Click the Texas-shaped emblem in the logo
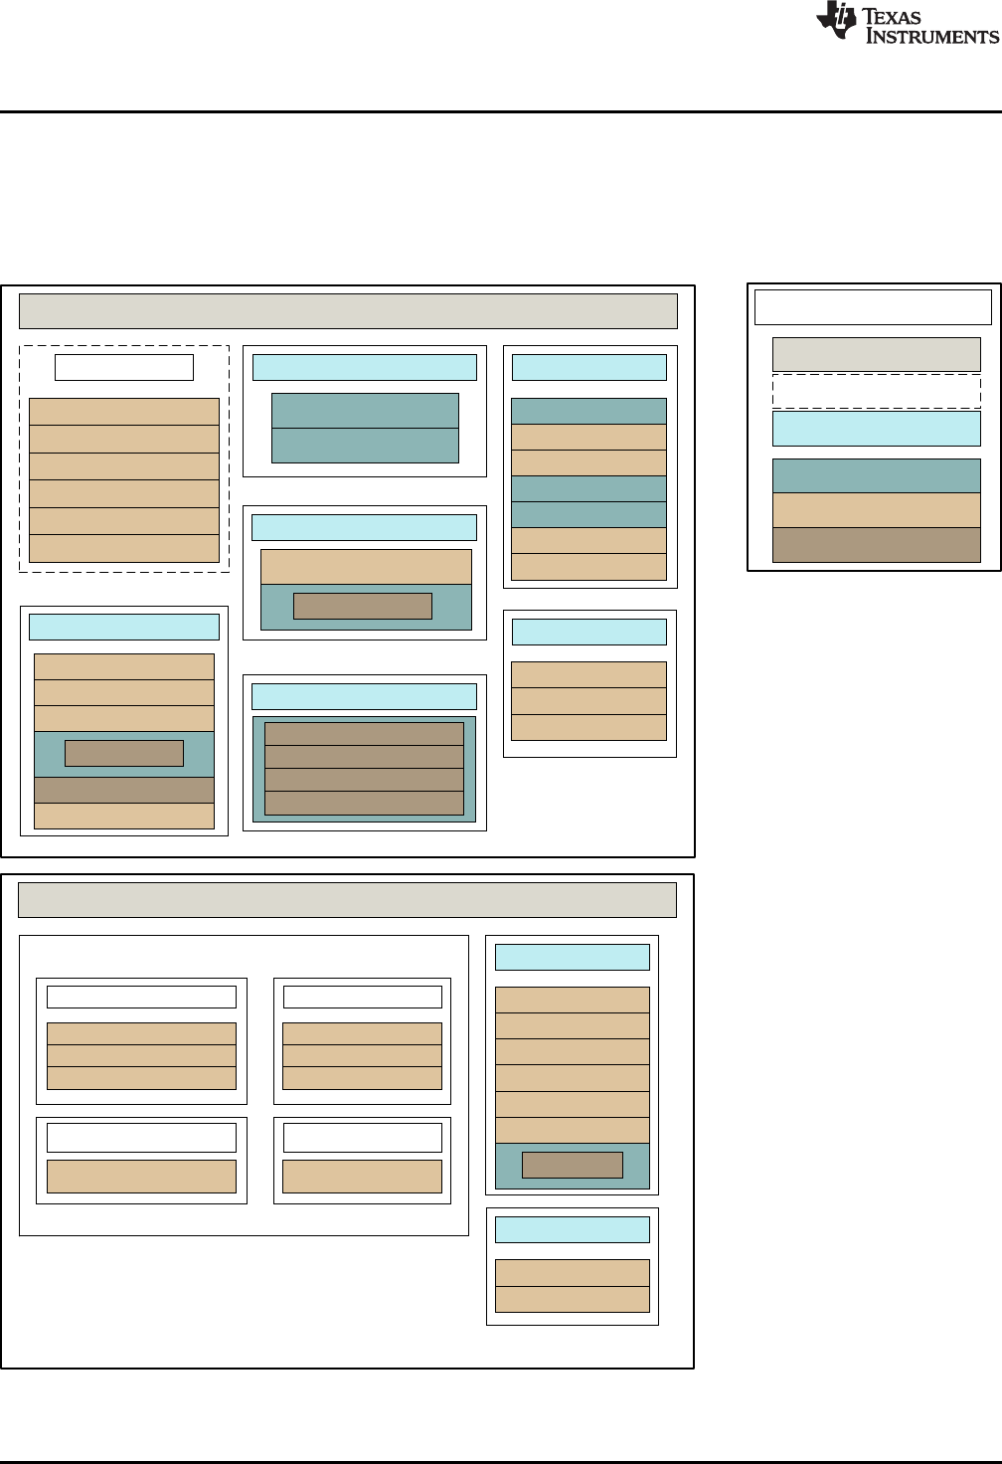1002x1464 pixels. pyautogui.click(x=836, y=20)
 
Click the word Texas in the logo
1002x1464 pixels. pyautogui.click(x=893, y=16)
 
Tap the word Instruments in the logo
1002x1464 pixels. pyautogui.click(x=931, y=37)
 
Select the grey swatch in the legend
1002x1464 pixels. pyautogui.click(x=876, y=354)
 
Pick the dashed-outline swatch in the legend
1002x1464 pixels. pyautogui.click(x=876, y=391)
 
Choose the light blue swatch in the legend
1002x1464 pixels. pyautogui.click(x=876, y=429)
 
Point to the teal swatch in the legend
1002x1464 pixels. pyautogui.click(x=876, y=475)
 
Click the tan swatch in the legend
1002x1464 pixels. pyautogui.click(x=876, y=510)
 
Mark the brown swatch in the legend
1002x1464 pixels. pyautogui.click(x=876, y=545)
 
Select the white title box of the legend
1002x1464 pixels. pyautogui.click(x=873, y=307)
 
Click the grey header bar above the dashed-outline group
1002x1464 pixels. pyautogui.click(x=348, y=310)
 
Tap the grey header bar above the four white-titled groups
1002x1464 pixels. pyautogui.click(x=347, y=899)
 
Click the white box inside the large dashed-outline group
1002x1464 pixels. pyautogui.click(x=124, y=367)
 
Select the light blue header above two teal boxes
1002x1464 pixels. pyautogui.click(x=364, y=367)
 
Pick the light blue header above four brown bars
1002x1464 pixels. pyautogui.click(x=364, y=696)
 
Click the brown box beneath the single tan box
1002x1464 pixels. pyautogui.click(x=363, y=606)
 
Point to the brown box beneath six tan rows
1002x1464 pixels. pyautogui.click(x=572, y=1165)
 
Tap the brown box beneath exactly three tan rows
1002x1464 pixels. pyautogui.click(x=124, y=753)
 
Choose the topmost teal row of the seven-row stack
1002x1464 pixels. pyautogui.click(x=588, y=411)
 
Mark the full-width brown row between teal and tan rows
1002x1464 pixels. pyautogui.click(x=124, y=790)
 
